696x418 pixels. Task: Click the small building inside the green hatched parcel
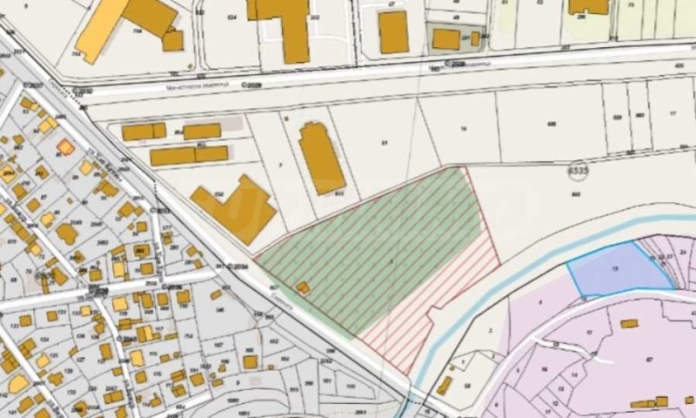click(x=302, y=287)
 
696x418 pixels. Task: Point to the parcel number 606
click(x=552, y=124)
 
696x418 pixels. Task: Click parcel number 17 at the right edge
click(x=673, y=113)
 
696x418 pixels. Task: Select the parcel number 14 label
click(x=464, y=128)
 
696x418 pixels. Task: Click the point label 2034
click(x=240, y=266)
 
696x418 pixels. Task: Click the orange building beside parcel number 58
click(x=445, y=385)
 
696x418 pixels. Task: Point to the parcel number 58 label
click(x=467, y=385)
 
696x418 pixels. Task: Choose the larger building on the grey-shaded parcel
click(x=446, y=38)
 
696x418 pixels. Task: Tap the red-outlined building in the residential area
click(x=66, y=146)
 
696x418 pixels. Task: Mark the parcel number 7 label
click(x=280, y=164)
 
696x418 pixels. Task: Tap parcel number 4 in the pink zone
click(x=539, y=301)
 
